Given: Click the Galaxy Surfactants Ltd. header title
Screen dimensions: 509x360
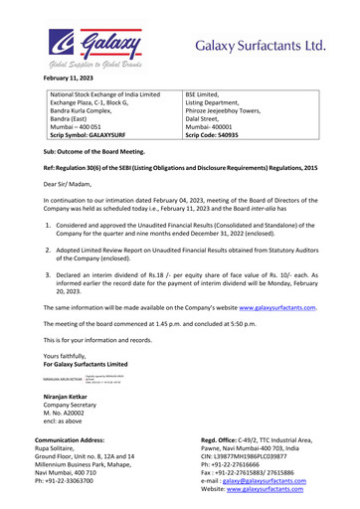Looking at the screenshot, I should coord(261,47).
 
